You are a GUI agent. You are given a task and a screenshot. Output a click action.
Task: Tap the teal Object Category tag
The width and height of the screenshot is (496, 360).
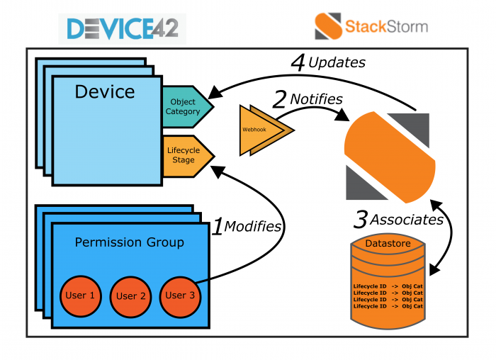click(x=186, y=107)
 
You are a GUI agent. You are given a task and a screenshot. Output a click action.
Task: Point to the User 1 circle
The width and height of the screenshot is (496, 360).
click(x=80, y=296)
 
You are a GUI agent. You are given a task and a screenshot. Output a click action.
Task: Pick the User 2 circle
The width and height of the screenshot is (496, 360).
click(x=130, y=296)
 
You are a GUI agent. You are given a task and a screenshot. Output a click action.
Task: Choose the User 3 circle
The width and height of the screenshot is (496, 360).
click(x=181, y=296)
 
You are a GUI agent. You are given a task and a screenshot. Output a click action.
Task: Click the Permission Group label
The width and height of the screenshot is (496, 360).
click(x=129, y=242)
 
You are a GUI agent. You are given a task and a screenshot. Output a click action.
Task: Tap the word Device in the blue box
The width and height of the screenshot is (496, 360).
click(x=105, y=92)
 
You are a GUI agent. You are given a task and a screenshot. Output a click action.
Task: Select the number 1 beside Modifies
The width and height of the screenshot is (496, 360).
click(x=219, y=227)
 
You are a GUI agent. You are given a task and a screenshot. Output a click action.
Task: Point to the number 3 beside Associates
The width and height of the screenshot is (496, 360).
click(x=360, y=220)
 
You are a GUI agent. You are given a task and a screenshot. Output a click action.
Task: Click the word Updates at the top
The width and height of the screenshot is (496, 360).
click(x=338, y=62)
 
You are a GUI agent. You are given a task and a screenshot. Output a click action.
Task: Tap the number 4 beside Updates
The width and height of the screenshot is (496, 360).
click(x=298, y=62)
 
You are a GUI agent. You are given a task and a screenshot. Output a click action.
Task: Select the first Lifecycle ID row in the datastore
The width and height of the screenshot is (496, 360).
click(x=388, y=287)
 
